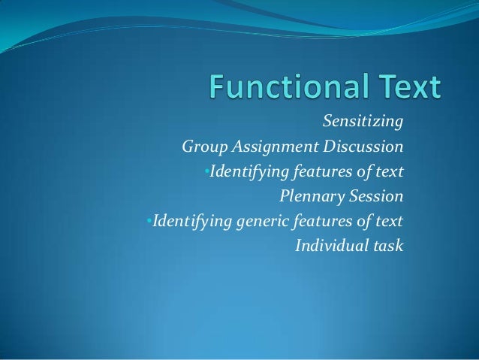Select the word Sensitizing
click(363, 121)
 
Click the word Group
click(203, 146)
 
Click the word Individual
click(333, 246)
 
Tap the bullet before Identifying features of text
click(206, 171)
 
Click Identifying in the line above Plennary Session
click(245, 171)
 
